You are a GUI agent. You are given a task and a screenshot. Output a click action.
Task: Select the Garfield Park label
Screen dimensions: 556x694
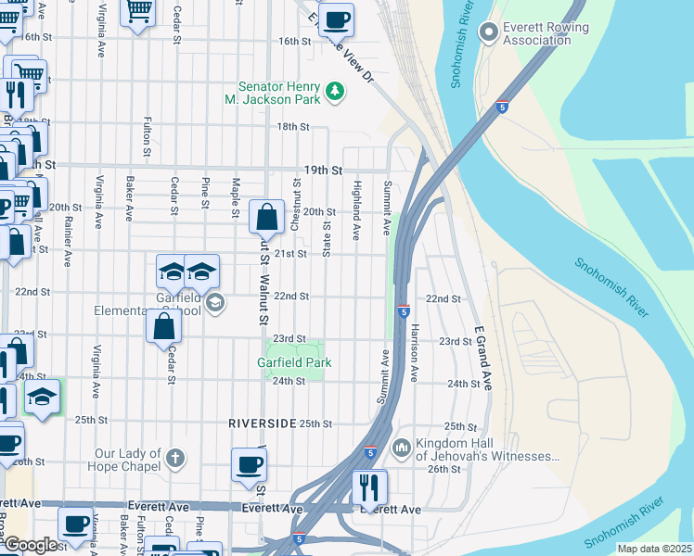(x=294, y=363)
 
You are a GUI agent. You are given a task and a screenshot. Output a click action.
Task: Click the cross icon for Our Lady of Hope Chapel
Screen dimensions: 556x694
(x=173, y=458)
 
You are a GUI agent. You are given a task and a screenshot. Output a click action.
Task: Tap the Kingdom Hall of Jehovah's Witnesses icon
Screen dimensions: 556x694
(x=402, y=449)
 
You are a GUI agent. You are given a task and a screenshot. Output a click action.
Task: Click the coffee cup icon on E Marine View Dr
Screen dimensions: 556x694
(x=336, y=18)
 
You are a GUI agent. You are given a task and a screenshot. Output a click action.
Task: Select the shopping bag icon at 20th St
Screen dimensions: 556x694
(x=266, y=218)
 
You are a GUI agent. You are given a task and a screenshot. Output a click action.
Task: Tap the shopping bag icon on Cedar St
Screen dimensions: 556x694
(x=163, y=326)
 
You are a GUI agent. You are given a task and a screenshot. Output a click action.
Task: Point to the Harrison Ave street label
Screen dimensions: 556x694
(x=415, y=352)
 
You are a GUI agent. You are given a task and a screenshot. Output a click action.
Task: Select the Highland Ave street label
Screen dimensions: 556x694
(x=355, y=205)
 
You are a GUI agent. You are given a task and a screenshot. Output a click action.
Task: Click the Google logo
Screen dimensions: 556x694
(x=31, y=544)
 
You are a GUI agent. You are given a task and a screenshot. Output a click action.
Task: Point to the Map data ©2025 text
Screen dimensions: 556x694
(x=654, y=549)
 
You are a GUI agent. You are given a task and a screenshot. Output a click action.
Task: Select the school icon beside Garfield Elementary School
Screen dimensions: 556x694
(x=215, y=302)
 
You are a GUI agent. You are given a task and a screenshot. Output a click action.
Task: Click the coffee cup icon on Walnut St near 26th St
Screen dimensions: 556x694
(x=249, y=465)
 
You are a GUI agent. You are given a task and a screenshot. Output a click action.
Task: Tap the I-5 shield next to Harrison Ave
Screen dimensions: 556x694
(x=404, y=310)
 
